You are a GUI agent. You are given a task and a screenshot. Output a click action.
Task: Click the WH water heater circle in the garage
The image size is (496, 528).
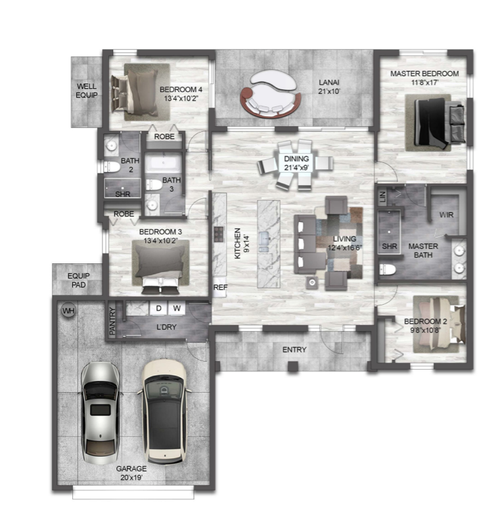point(68,311)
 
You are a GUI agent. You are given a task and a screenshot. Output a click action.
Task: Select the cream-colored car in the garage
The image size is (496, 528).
point(164,412)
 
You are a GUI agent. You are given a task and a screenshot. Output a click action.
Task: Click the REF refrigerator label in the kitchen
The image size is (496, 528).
point(220,287)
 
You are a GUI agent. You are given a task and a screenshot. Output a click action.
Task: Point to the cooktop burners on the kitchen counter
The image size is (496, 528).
point(219,234)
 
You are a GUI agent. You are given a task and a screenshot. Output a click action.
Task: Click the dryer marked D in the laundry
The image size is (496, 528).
point(158,308)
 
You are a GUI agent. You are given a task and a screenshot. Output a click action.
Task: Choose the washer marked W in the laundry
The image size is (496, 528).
point(177,308)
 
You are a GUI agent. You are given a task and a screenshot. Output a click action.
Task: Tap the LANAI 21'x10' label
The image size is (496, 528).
point(329,87)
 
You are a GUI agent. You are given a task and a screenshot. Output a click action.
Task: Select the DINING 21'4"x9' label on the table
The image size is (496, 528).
point(296,163)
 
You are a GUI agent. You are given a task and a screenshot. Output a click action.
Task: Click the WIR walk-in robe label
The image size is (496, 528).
point(446,215)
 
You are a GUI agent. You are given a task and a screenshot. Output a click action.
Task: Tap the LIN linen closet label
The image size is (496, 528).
point(382,197)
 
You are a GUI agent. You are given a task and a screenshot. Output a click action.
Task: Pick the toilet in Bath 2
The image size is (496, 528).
point(112,167)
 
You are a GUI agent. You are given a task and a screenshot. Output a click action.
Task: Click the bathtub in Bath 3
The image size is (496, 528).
point(164,163)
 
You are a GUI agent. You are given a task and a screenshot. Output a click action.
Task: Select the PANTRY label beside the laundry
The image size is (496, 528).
point(112,321)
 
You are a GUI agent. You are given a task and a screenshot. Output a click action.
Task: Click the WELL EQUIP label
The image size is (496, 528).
point(87,91)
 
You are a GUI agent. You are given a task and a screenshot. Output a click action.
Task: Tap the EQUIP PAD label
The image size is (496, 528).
point(79,280)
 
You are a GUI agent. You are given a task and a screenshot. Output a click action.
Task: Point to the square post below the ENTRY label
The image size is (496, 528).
point(293,366)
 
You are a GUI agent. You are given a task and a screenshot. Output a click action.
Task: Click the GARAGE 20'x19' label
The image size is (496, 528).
point(131,473)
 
